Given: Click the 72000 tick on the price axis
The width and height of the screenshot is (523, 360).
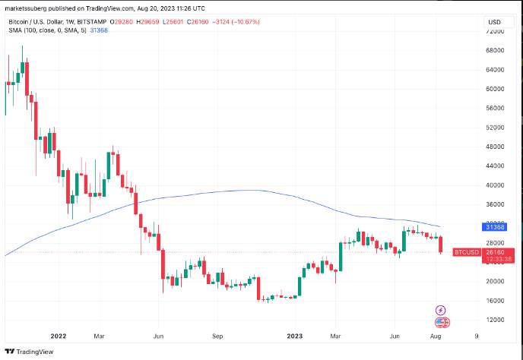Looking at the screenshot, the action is pyautogui.click(x=495, y=31).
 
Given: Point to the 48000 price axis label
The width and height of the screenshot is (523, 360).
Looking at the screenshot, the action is pyautogui.click(x=495, y=147).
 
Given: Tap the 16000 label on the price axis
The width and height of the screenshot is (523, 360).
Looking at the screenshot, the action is pyautogui.click(x=495, y=301).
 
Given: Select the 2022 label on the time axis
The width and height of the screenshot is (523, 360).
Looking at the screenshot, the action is pyautogui.click(x=59, y=336).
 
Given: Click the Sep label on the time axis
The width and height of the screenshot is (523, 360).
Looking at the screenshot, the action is pyautogui.click(x=217, y=336).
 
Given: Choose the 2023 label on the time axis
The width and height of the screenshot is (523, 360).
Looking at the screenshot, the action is pyautogui.click(x=295, y=336).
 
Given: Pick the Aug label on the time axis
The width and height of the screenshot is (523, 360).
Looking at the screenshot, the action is pyautogui.click(x=436, y=336).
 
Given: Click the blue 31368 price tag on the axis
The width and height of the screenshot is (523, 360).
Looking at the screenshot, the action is pyautogui.click(x=495, y=227).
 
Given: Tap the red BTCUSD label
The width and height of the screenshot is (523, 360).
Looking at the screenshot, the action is pyautogui.click(x=467, y=252).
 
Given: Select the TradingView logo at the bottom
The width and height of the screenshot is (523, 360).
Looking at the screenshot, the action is pyautogui.click(x=29, y=352).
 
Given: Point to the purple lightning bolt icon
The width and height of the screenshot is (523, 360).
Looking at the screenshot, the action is pyautogui.click(x=441, y=311).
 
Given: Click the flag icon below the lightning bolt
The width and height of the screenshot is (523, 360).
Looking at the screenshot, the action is pyautogui.click(x=442, y=322).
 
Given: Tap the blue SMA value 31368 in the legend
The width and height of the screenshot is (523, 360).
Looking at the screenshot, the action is pyautogui.click(x=99, y=30).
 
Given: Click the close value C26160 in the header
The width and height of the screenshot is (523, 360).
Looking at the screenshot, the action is pyautogui.click(x=198, y=22).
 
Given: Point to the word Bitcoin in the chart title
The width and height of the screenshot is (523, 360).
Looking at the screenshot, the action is pyautogui.click(x=17, y=22).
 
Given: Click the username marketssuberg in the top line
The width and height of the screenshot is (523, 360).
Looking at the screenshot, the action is pyautogui.click(x=26, y=8).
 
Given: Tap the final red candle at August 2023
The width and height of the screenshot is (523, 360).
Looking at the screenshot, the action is pyautogui.click(x=441, y=245).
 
